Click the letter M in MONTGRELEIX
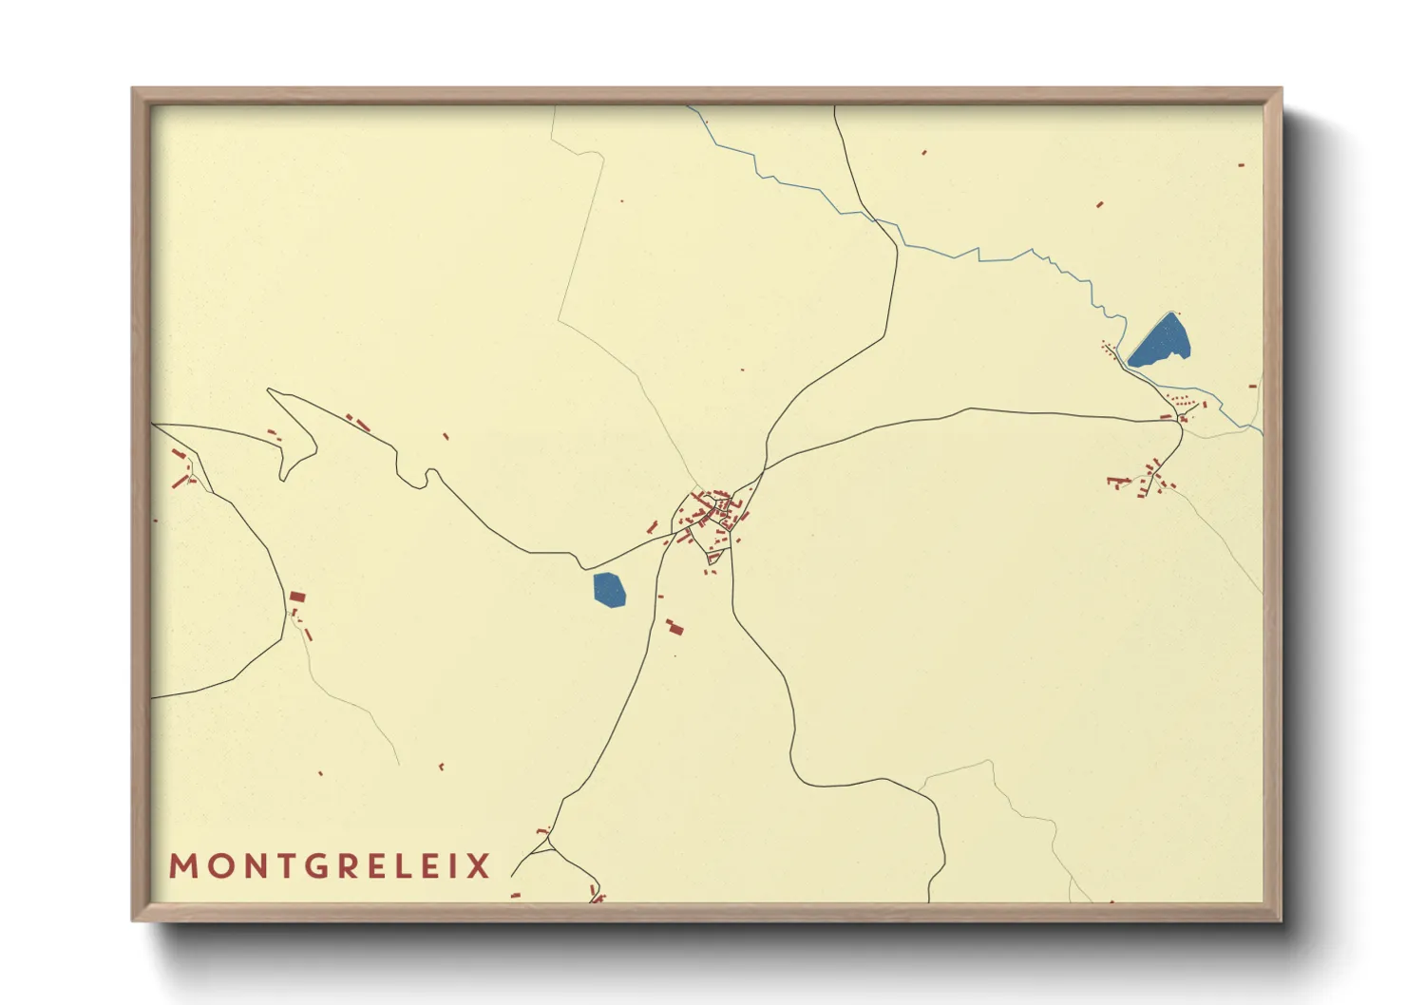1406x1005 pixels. [181, 866]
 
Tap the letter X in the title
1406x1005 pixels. [479, 866]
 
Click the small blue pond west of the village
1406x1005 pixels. [610, 589]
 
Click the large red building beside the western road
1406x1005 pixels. [297, 597]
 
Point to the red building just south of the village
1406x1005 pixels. [674, 627]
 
